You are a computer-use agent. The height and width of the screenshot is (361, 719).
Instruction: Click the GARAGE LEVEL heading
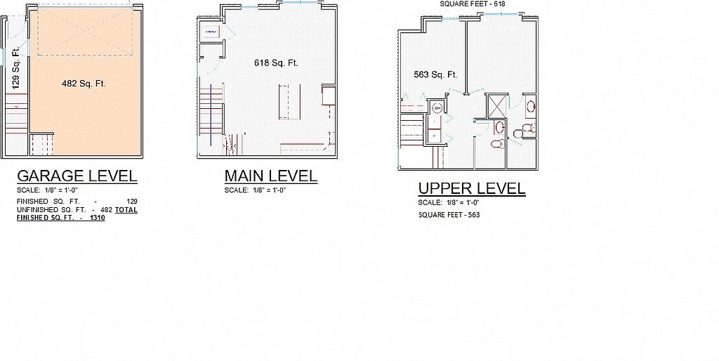click(x=77, y=176)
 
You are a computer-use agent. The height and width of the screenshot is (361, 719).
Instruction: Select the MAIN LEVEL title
click(x=270, y=176)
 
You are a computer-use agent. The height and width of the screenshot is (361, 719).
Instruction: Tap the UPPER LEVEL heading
click(x=472, y=188)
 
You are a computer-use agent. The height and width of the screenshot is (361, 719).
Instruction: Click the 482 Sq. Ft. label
click(x=84, y=84)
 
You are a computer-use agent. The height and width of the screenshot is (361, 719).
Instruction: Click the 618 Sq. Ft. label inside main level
click(x=276, y=63)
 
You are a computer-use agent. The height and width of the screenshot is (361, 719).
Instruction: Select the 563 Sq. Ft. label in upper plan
click(x=435, y=74)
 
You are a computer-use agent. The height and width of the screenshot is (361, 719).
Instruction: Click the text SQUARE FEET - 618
click(x=466, y=4)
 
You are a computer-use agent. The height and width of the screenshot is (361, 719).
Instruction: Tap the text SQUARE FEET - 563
click(x=449, y=215)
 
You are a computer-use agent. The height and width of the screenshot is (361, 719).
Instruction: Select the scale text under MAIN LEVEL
click(x=255, y=190)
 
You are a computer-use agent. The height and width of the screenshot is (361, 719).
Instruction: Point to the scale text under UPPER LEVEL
click(x=449, y=202)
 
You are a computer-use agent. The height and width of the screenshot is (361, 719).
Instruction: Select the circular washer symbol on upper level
click(x=437, y=108)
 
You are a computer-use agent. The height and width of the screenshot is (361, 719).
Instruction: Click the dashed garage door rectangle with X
click(x=85, y=31)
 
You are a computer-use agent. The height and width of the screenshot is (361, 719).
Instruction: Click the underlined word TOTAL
click(x=126, y=209)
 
